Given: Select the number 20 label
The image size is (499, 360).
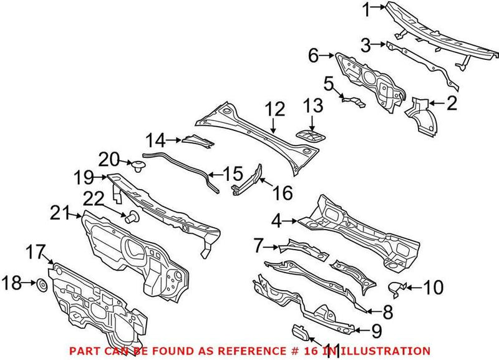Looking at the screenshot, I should [x=109, y=159].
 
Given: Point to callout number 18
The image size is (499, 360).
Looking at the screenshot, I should [x=11, y=285].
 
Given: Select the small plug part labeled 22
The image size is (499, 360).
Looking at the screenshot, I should [x=132, y=217].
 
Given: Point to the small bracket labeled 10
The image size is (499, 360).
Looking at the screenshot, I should [x=398, y=288].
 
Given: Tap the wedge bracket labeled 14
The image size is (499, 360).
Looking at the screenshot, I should [x=198, y=142].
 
